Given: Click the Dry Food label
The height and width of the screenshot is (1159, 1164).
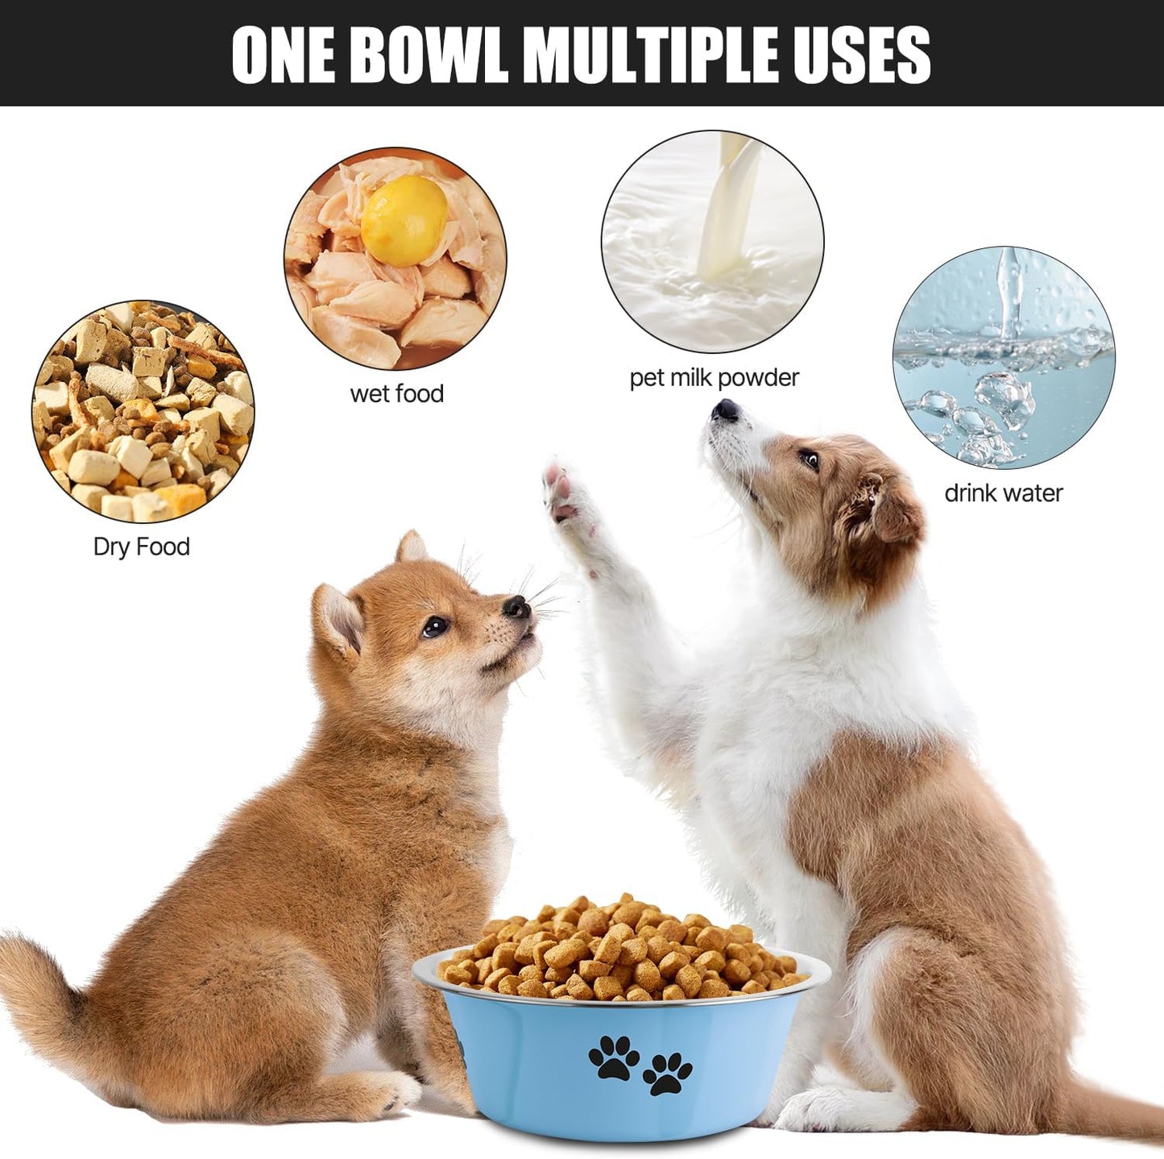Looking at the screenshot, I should click(142, 546).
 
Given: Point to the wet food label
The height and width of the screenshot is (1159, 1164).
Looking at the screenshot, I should click(396, 393).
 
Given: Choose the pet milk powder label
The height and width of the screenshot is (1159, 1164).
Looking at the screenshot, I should click(714, 377).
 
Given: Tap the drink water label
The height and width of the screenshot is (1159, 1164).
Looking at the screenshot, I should click(1003, 492).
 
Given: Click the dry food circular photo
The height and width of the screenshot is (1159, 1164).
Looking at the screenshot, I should click(143, 412).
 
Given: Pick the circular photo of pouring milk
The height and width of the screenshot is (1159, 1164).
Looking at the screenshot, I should click(712, 241).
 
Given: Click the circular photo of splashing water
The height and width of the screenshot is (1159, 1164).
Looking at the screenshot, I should click(1003, 357).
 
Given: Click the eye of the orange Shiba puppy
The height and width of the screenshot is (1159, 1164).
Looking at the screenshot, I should click(435, 625).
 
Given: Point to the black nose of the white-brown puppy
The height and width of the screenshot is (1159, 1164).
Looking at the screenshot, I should click(725, 411).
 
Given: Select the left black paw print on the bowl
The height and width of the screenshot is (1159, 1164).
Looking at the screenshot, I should click(614, 1057).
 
